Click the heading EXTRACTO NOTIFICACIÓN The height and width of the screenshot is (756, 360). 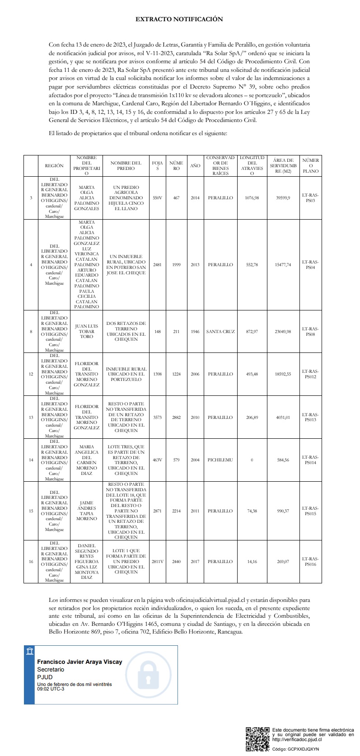click(x=179, y=19)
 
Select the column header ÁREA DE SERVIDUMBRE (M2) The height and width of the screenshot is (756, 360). click(x=284, y=165)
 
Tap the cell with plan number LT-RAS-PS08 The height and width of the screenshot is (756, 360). click(x=310, y=332)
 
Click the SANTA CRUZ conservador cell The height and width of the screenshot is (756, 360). click(x=220, y=332)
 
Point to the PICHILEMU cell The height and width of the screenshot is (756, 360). click(x=220, y=460)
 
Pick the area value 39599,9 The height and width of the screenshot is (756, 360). click(x=284, y=198)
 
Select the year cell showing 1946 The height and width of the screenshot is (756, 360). click(x=195, y=332)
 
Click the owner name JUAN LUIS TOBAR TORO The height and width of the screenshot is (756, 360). click(x=86, y=332)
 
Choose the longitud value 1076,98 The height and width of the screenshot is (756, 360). click(x=252, y=198)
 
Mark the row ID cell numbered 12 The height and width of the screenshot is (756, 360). click(x=31, y=374)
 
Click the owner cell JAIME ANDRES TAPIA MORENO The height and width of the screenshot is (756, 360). click(x=86, y=511)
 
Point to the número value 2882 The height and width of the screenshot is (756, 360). click(x=176, y=418)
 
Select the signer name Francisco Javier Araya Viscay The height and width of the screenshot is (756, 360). click(x=79, y=662)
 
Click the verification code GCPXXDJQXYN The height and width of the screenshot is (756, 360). click(x=302, y=749)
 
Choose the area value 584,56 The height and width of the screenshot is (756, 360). click(x=284, y=460)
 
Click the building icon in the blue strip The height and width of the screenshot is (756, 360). click(x=30, y=651)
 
